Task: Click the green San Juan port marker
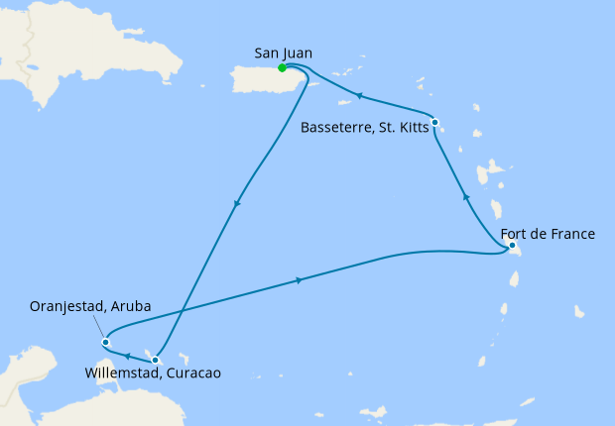point(283,68)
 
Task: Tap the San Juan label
point(283,53)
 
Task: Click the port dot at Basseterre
point(434,123)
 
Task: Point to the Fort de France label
point(554,234)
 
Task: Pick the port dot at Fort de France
point(511,245)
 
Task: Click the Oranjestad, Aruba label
point(91,307)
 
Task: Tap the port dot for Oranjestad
point(105,343)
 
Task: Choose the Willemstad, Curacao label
point(153,373)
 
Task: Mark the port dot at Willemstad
point(155,360)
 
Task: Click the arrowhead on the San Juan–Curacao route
point(236,205)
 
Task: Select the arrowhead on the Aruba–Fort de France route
point(298,280)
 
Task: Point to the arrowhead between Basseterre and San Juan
point(359,96)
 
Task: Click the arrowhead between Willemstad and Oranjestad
point(128,354)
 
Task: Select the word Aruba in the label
point(130,307)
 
